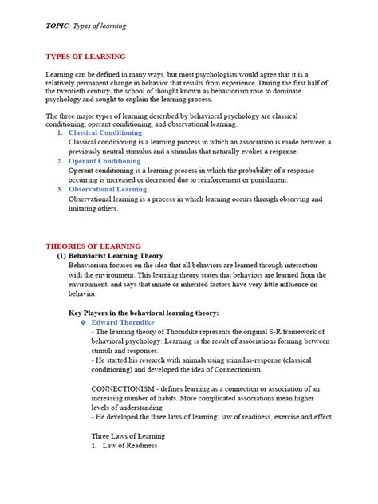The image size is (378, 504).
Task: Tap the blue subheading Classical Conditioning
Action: click(105, 132)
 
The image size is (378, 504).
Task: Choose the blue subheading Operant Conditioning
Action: click(104, 161)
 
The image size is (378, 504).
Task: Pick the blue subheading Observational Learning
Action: click(108, 189)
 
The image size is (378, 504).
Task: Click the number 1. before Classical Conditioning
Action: click(61, 132)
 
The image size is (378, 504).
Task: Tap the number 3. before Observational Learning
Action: click(61, 189)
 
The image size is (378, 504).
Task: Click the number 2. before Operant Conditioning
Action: click(61, 161)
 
